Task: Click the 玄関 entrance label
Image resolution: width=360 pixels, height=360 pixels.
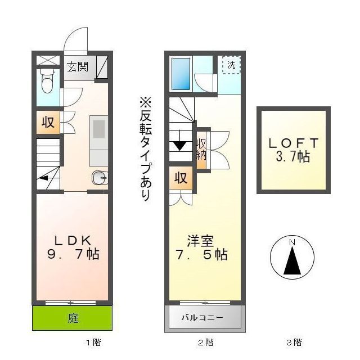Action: pyautogui.click(x=78, y=66)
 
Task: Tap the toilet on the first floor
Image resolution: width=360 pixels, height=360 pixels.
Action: pyautogui.click(x=48, y=82)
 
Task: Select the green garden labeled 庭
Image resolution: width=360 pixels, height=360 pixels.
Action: pyautogui.click(x=73, y=318)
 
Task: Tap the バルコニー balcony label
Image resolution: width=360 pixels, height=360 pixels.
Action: pyautogui.click(x=202, y=318)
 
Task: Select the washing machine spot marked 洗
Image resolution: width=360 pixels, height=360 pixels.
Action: pyautogui.click(x=231, y=65)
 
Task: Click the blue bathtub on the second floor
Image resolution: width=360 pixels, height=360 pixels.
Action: pyautogui.click(x=181, y=73)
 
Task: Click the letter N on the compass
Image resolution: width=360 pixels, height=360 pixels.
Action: pyautogui.click(x=291, y=242)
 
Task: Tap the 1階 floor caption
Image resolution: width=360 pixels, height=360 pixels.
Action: pyautogui.click(x=93, y=342)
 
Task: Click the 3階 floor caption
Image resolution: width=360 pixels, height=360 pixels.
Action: pyautogui.click(x=294, y=342)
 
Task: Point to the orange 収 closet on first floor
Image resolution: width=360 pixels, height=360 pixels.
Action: pyautogui.click(x=48, y=122)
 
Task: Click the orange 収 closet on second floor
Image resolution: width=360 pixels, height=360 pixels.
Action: pyautogui.click(x=181, y=178)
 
